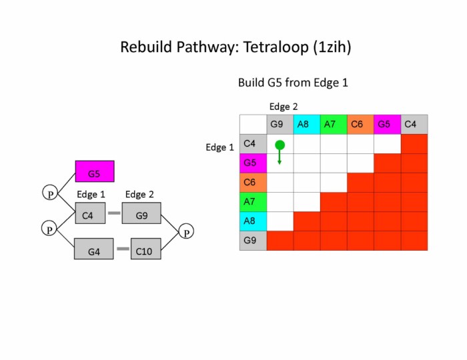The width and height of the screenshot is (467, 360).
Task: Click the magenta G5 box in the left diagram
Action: tap(94, 171)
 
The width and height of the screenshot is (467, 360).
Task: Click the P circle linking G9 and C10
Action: tap(187, 231)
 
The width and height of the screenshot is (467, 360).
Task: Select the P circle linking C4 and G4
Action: tap(49, 229)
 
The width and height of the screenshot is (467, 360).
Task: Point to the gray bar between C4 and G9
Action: tap(114, 213)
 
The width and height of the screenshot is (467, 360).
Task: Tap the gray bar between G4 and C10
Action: tap(123, 249)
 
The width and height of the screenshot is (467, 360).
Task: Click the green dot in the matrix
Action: tap(280, 145)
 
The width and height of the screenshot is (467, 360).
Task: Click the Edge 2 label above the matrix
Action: tap(284, 107)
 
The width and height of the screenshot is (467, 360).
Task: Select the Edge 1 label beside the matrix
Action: tap(219, 147)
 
